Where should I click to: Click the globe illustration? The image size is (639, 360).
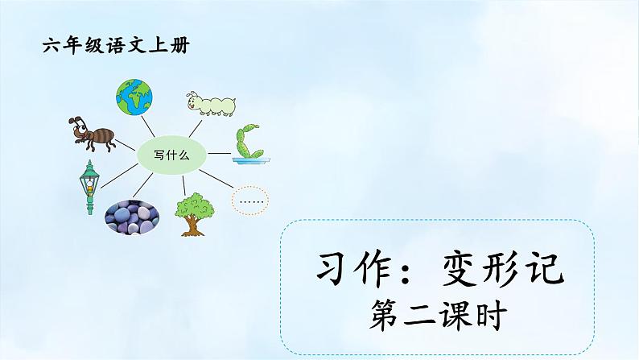click(134, 96)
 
